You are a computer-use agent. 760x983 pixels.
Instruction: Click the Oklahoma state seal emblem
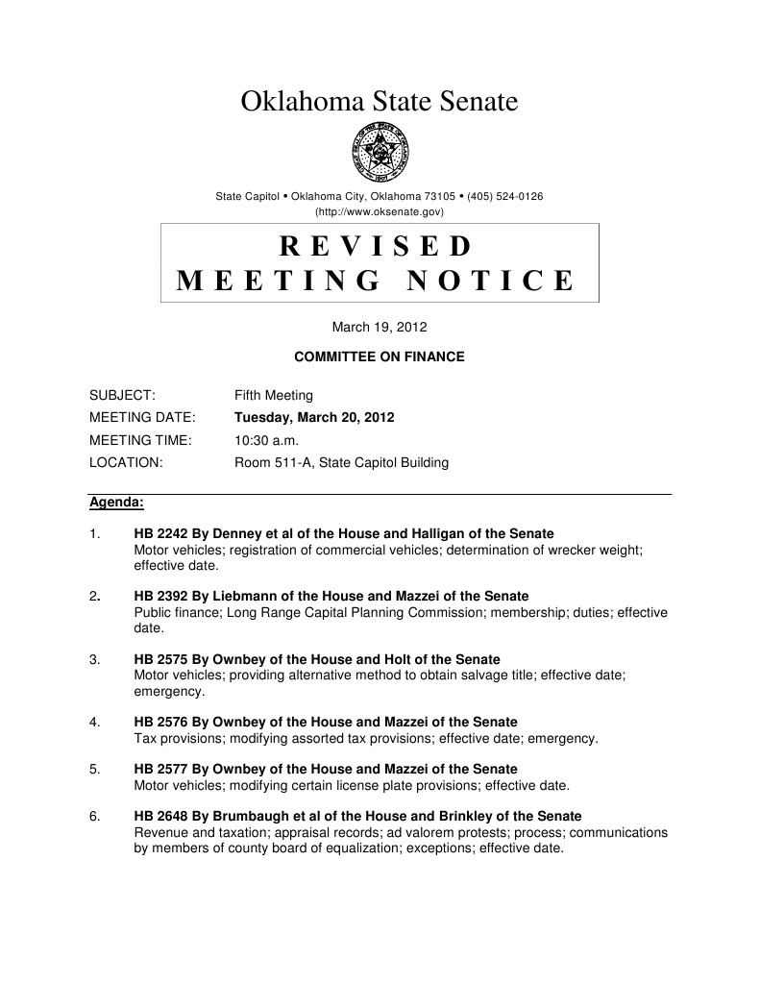coord(380,153)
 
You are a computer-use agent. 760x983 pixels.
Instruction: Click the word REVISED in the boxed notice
coord(377,246)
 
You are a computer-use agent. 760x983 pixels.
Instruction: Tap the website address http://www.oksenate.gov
coord(380,210)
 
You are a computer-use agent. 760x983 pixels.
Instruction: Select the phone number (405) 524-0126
coord(505,196)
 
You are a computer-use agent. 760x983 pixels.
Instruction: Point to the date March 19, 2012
coord(380,327)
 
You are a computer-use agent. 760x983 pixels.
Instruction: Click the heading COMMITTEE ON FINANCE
coord(380,356)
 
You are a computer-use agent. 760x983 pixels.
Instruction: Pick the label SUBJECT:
coord(122,395)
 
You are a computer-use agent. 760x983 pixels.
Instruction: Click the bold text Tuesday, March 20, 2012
coord(314,418)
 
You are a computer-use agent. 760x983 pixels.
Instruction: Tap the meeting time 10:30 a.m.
coord(267,440)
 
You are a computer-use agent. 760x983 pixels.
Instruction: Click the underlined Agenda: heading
coord(116,503)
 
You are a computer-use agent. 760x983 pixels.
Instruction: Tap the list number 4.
coord(93,722)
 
